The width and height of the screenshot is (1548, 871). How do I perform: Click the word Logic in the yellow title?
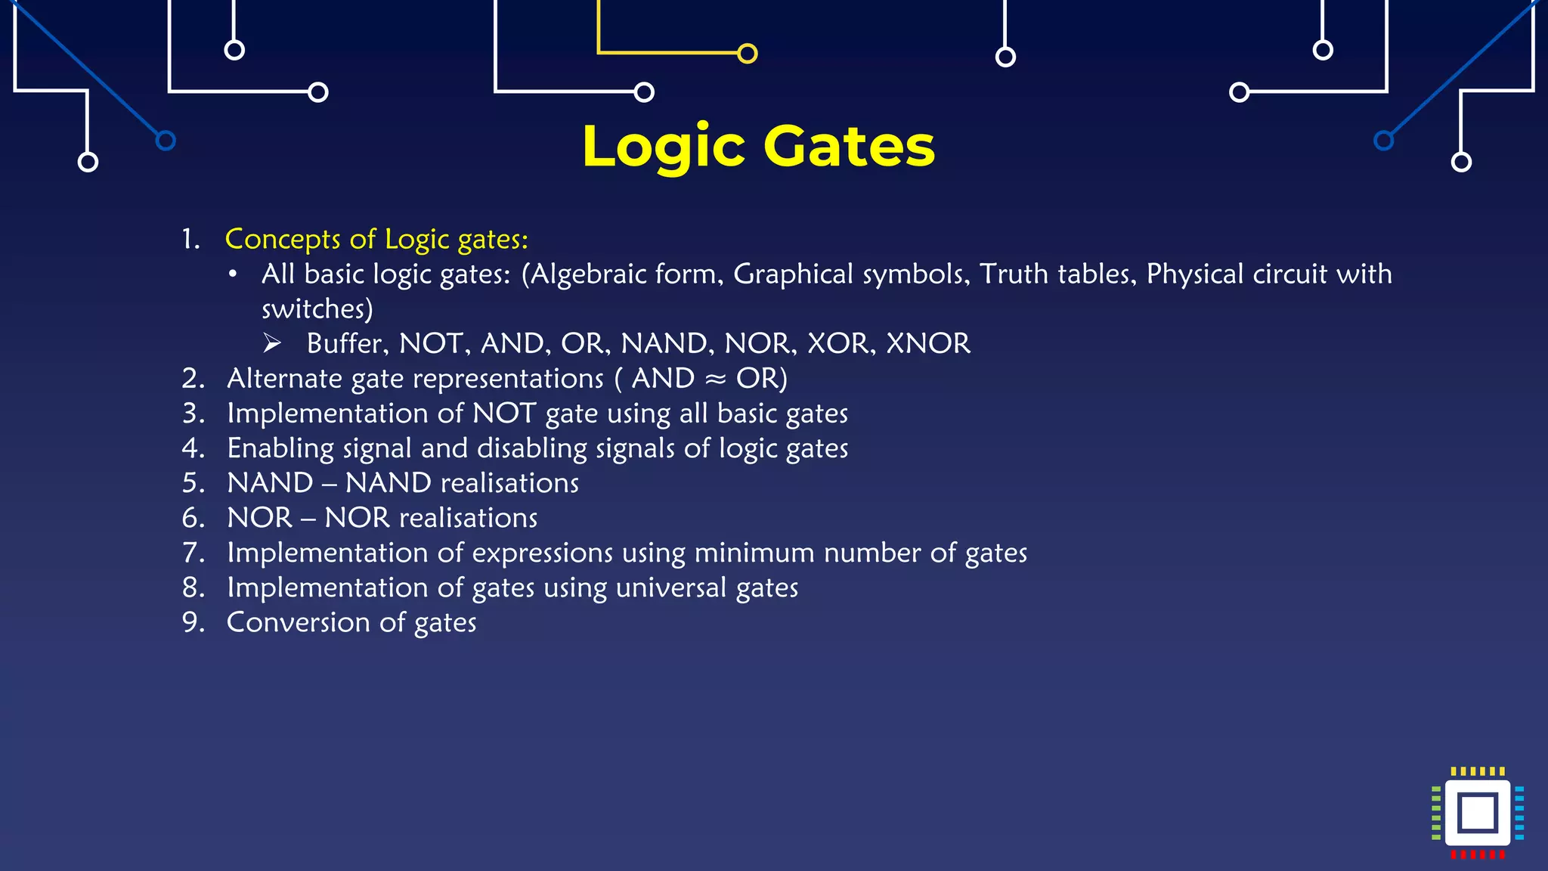pos(664,146)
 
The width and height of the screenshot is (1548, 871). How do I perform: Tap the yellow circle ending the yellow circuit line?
pos(747,54)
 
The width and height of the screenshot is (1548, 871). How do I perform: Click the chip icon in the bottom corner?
pos(1478,813)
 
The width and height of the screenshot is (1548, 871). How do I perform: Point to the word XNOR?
pos(927,344)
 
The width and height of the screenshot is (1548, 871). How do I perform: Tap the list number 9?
pos(193,623)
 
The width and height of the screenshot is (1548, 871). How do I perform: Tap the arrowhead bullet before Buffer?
pos(272,344)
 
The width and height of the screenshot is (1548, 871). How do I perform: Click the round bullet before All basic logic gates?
pos(234,274)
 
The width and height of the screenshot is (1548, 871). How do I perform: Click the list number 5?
pos(193,483)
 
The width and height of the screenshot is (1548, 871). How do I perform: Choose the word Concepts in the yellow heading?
pos(283,240)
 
